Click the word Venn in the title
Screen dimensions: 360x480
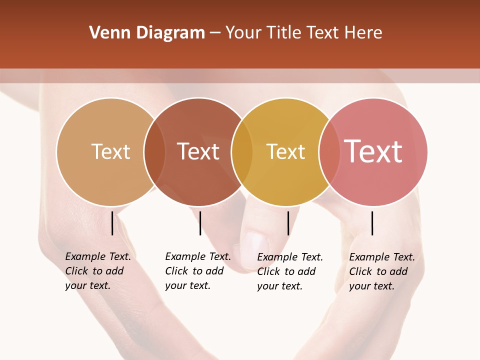pos(105,33)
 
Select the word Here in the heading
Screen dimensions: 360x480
pos(363,33)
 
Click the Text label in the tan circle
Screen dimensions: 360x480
pos(110,151)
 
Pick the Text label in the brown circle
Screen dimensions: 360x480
pos(198,151)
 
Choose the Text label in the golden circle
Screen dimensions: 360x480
pos(285,151)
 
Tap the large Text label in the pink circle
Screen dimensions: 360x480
pos(373,151)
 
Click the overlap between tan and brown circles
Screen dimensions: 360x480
pos(154,151)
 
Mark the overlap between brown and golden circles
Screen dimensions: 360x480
pos(242,151)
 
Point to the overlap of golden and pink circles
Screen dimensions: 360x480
pos(329,151)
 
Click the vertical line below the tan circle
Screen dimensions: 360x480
pos(112,223)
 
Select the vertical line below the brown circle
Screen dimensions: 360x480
pos(200,223)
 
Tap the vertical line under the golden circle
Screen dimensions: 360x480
pos(288,223)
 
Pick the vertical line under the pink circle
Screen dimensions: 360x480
pos(372,223)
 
